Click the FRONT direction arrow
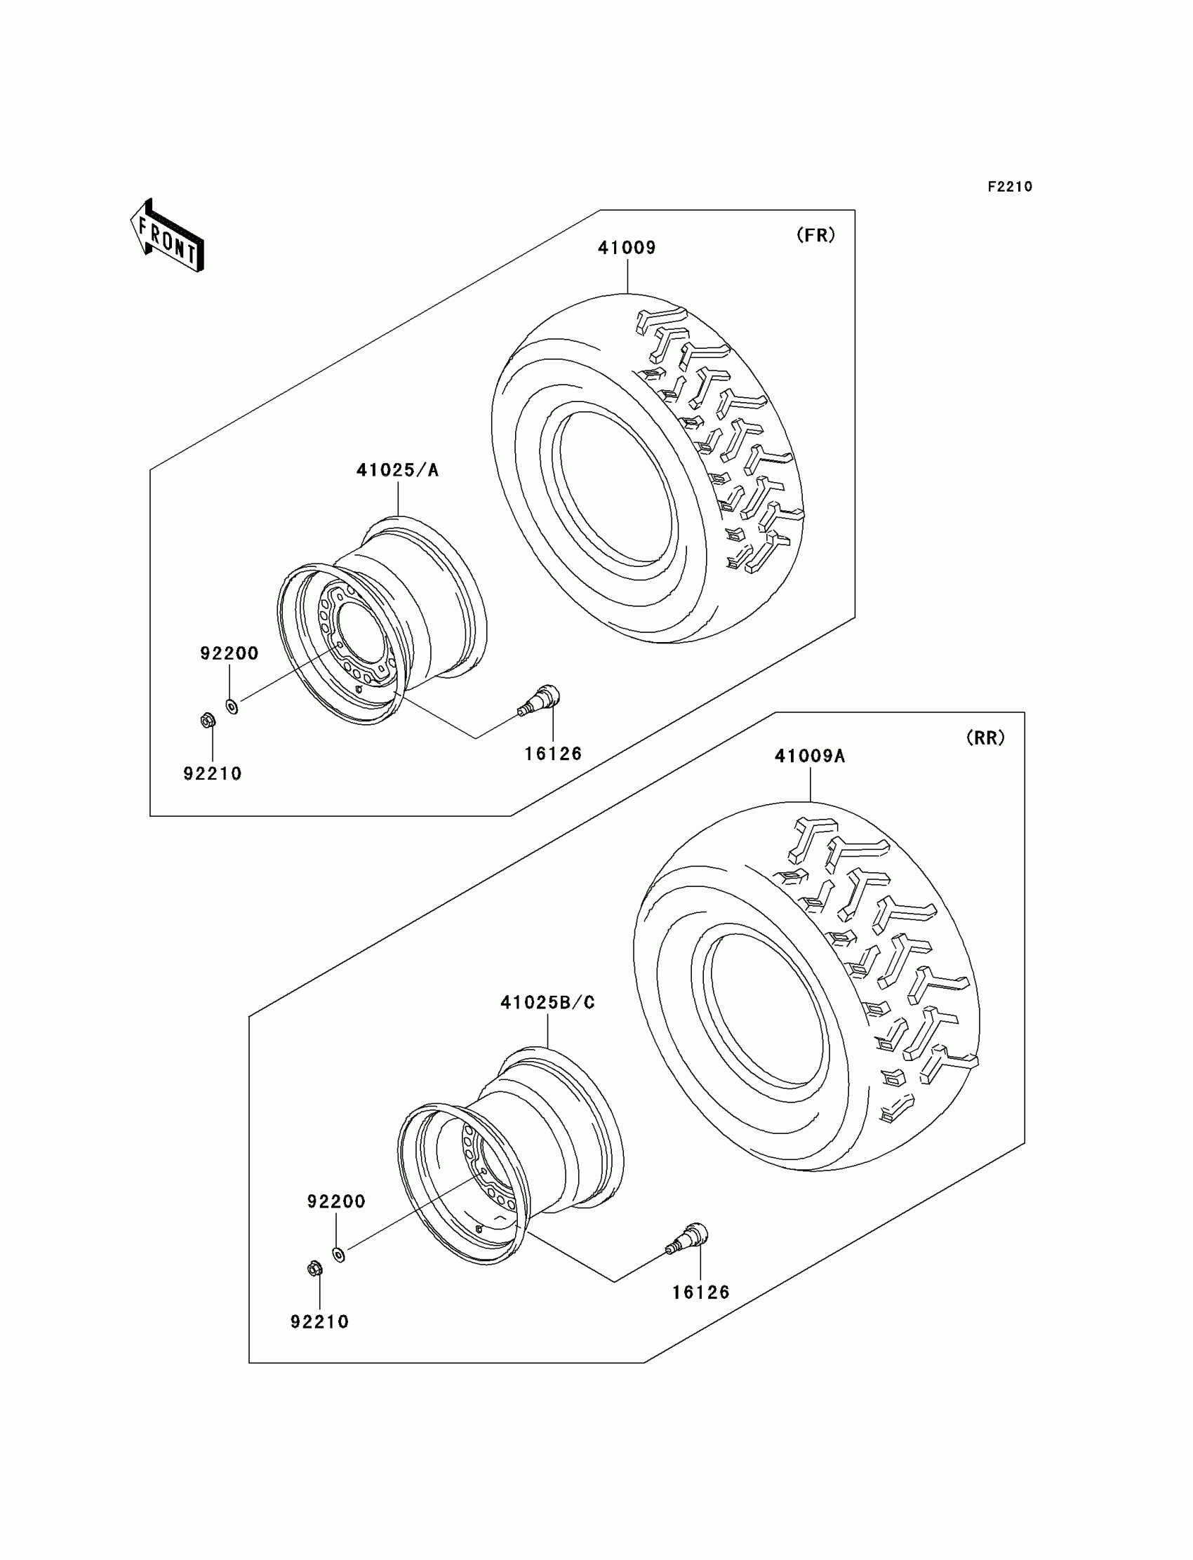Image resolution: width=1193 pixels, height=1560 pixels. pyautogui.click(x=168, y=236)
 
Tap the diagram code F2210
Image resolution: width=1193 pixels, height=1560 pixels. pyautogui.click(x=1009, y=187)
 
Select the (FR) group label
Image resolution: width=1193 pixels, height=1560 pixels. pyautogui.click(x=815, y=235)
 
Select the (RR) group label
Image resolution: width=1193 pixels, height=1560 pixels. pyautogui.click(x=986, y=738)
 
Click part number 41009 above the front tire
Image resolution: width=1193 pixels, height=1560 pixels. pyautogui.click(x=626, y=248)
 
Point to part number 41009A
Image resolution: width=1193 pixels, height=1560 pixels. pyautogui.click(x=810, y=756)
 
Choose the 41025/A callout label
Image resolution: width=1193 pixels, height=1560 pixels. pyautogui.click(x=398, y=470)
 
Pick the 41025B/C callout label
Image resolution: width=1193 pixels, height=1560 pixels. pyautogui.click(x=547, y=1002)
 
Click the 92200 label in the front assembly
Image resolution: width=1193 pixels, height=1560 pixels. pyautogui.click(x=229, y=653)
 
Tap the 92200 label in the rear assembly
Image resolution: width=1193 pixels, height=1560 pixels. pyautogui.click(x=336, y=1201)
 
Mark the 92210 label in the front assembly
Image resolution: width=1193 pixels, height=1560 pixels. pyautogui.click(x=213, y=773)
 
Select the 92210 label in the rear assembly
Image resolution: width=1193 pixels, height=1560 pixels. pyautogui.click(x=319, y=1321)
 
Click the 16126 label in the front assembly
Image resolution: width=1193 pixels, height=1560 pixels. pyautogui.click(x=552, y=754)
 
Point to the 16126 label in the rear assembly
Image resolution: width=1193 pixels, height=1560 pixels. pyautogui.click(x=701, y=1293)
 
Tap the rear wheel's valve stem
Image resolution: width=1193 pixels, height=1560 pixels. pyautogui.click(x=688, y=1239)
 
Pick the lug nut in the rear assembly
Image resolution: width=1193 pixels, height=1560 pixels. pyautogui.click(x=314, y=1268)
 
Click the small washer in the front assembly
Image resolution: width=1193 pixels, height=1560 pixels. pyautogui.click(x=232, y=706)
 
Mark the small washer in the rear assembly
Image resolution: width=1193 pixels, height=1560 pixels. pyautogui.click(x=340, y=1255)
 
